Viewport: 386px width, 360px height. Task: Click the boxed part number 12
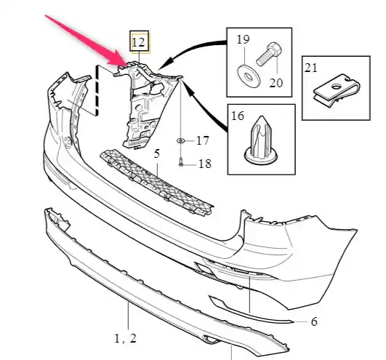click(x=138, y=42)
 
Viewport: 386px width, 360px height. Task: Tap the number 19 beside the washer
click(x=243, y=39)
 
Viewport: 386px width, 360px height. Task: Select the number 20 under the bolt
click(x=276, y=83)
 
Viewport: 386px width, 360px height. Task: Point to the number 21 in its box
click(x=310, y=67)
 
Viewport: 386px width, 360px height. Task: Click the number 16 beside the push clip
click(x=238, y=116)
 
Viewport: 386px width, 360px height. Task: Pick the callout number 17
click(x=203, y=140)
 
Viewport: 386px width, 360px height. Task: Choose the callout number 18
click(x=204, y=164)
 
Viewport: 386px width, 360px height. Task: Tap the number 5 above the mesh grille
click(x=157, y=153)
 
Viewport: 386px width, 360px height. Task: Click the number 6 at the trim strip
click(x=314, y=321)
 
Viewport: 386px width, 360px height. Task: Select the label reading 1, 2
click(x=125, y=339)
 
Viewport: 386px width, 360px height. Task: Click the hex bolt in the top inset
click(x=269, y=54)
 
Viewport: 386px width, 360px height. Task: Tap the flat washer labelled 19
click(x=249, y=76)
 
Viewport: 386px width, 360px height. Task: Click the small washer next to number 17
click(x=181, y=140)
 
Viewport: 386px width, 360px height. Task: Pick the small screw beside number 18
click(x=181, y=162)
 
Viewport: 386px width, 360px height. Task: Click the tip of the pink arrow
click(x=126, y=65)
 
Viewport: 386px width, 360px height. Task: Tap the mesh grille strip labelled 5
click(x=156, y=183)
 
